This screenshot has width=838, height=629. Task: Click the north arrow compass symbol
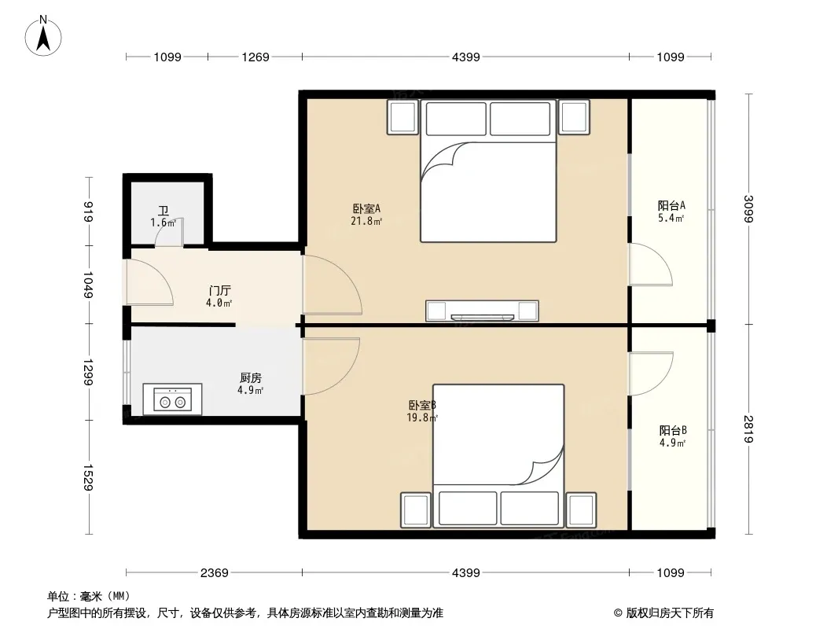point(43,36)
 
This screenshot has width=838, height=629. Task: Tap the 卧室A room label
point(366,208)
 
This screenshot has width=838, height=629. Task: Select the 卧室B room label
point(422,406)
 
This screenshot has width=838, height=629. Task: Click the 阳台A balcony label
point(671,206)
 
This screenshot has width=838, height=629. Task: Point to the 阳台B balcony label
point(673,431)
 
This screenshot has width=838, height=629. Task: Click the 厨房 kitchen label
point(251,378)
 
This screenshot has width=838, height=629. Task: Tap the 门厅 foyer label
point(219,291)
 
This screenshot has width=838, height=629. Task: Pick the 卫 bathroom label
point(164,211)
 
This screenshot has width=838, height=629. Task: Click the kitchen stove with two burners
point(172,399)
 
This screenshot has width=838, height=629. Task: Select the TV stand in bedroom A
point(482,311)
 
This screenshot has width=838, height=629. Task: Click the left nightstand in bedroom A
point(403,117)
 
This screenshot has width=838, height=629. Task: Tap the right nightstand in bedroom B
point(581,509)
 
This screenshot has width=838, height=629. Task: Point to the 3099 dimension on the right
point(748,209)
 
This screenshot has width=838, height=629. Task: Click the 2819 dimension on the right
point(748,429)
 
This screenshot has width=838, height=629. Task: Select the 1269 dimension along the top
point(255,57)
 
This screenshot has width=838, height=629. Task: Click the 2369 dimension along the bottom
point(215,573)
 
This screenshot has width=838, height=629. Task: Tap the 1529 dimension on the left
point(88,477)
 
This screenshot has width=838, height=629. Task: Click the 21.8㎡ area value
point(366,221)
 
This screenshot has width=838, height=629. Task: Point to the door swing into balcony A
point(650,264)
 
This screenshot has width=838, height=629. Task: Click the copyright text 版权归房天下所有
point(670,613)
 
